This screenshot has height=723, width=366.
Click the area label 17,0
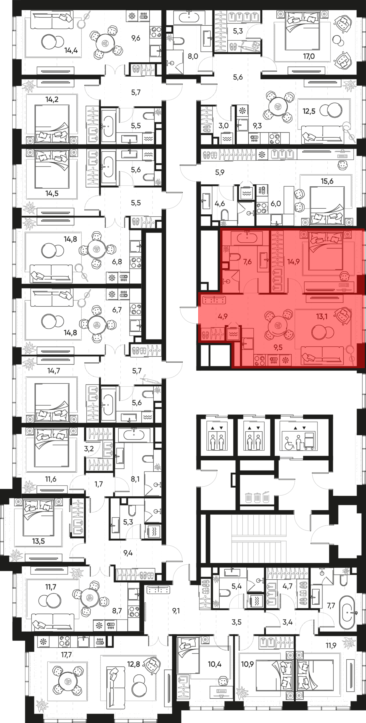pos(309,56)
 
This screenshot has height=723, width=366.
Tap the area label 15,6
pos(327,181)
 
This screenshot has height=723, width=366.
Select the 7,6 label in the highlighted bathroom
pos(247,262)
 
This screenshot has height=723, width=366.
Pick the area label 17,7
pos(66,655)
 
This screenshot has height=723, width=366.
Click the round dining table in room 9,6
pos(105,44)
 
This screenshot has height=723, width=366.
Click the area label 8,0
pos(193,56)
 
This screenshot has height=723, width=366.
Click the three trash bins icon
pos(257,497)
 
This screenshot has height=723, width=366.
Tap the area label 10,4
pos(214,664)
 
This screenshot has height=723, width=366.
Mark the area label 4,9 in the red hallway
pos(223,316)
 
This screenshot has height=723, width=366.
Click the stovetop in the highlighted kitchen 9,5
pos(259,361)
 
